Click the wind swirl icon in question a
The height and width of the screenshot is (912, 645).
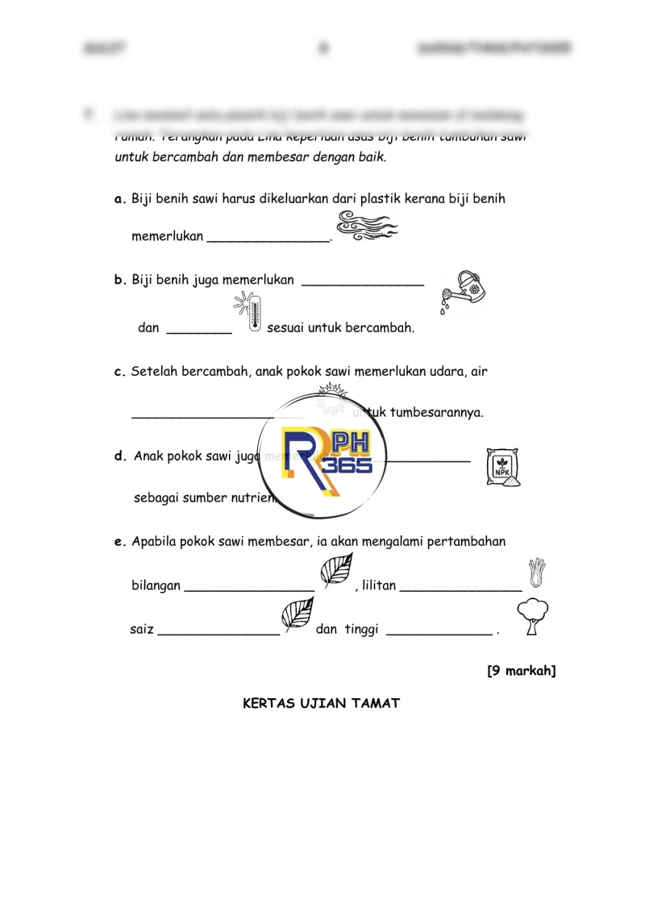366,226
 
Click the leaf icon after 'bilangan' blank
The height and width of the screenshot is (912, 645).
335,572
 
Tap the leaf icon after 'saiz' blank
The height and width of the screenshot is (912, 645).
297,614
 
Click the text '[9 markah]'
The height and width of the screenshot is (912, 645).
521,670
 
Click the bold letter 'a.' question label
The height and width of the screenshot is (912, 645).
120,198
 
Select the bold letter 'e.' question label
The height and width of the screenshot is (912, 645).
120,542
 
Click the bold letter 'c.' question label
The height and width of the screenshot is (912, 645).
120,372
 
